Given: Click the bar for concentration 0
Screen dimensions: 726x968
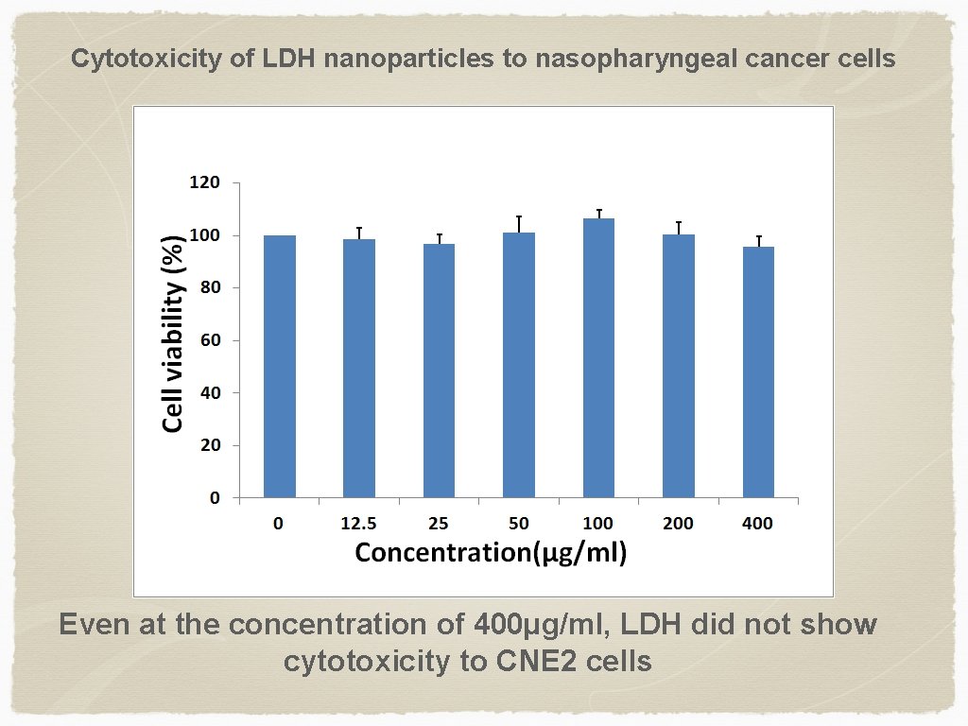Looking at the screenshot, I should click(280, 367).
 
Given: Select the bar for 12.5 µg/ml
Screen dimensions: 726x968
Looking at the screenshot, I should click(359, 369).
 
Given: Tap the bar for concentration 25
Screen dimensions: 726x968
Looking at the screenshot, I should click(439, 371).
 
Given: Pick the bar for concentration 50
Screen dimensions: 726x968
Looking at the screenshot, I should click(519, 365).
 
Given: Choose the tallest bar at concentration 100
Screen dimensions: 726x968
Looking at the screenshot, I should click(598, 357).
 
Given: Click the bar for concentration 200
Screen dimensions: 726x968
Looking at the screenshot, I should click(679, 366).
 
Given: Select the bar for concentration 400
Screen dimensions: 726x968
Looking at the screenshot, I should click(758, 372).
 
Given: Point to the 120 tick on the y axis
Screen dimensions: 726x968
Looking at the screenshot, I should click(204, 182).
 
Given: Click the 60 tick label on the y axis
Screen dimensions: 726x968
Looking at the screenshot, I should click(210, 340).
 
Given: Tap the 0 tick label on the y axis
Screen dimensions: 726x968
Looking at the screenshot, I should click(215, 497).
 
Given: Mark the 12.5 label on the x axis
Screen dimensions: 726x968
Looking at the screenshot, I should click(359, 524).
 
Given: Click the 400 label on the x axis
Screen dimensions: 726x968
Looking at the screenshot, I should click(758, 524).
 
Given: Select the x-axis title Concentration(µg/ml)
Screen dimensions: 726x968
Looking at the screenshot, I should click(491, 552).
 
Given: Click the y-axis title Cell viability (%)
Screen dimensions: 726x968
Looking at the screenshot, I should click(174, 333).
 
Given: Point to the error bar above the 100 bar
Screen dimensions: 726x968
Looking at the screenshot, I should click(599, 213).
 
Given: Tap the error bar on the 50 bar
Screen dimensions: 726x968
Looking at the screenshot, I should click(519, 222).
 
